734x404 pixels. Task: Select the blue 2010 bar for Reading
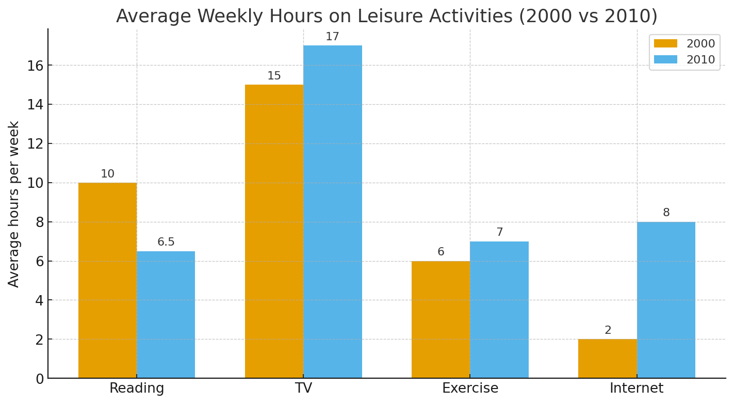point(166,315)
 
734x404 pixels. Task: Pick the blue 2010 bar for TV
point(332,212)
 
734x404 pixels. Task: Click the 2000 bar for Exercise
point(441,319)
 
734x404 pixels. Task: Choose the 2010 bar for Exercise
point(499,310)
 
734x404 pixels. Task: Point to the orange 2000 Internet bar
point(607,359)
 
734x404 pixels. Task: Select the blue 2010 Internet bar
point(666,300)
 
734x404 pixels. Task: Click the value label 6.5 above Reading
point(166,242)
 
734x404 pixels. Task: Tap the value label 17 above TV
point(332,37)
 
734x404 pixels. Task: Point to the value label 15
point(274,76)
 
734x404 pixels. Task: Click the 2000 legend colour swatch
point(665,44)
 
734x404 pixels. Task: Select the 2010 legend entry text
point(700,60)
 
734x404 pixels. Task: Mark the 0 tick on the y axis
point(40,379)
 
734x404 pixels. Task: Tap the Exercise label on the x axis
point(470,389)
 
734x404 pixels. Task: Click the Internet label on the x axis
point(637,389)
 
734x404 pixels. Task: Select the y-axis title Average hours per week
point(14,204)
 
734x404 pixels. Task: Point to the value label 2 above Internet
point(608,330)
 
